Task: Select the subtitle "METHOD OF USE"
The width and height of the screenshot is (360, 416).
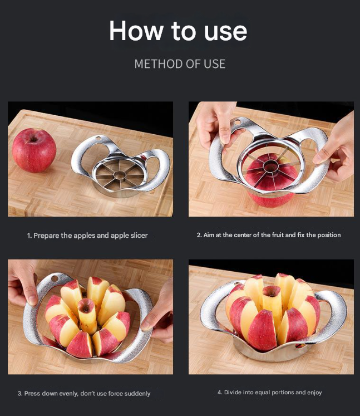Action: pos(180,63)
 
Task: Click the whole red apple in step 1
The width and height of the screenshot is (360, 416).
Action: pos(34,150)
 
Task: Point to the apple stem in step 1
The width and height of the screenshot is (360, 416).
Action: pos(33,135)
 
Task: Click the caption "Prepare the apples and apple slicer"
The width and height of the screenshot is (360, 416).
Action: pos(87,236)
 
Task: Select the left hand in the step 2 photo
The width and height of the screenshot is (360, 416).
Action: pos(214,123)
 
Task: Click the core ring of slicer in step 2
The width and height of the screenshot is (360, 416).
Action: pos(272,165)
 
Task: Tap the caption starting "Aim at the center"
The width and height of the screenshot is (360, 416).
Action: pos(269,235)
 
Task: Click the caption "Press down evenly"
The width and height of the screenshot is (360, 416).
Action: pos(84,393)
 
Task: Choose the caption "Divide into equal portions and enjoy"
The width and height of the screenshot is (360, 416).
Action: pos(269,393)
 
